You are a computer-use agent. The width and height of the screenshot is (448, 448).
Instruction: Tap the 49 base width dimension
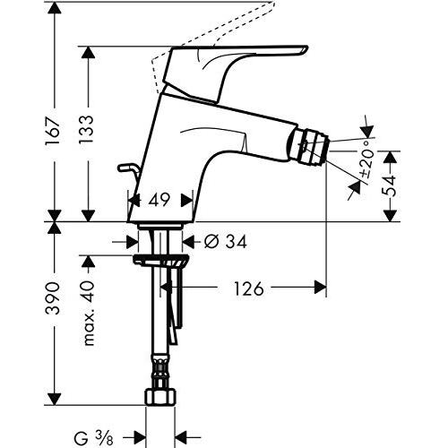tap(159, 202)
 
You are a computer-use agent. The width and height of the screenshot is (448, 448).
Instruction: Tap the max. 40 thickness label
tap(89, 314)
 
